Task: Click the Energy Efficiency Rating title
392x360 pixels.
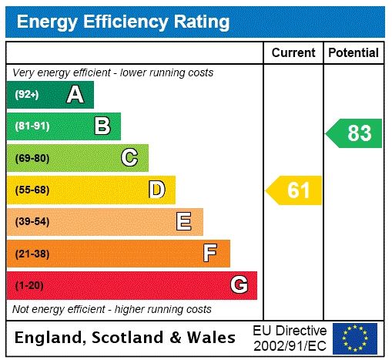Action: point(123,22)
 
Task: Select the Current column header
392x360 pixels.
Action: point(293,53)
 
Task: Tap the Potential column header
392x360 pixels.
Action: point(353,53)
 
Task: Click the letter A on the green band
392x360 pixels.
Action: point(75,95)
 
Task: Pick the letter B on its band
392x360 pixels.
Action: point(102,126)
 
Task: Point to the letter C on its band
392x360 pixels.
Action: point(129,158)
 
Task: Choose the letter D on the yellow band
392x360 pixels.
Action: point(156,190)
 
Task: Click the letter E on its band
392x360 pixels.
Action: point(184,222)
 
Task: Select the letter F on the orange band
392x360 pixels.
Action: point(210,253)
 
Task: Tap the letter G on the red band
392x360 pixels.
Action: point(239,285)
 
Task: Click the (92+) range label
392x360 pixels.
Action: point(27,95)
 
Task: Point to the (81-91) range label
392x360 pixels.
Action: point(32,126)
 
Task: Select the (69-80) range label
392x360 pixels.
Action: point(32,158)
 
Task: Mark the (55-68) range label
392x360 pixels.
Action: point(32,190)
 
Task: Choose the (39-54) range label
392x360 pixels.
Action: point(32,222)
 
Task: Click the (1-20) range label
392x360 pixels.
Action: point(29,285)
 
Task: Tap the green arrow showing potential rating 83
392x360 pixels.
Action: point(355,133)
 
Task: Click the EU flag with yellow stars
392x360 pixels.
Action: point(355,338)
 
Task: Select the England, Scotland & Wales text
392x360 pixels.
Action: point(126,338)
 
